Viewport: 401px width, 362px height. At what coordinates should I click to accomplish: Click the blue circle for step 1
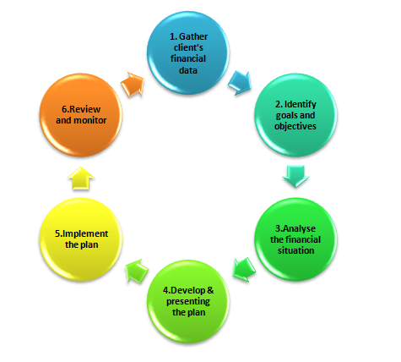pyautogui.click(x=188, y=53)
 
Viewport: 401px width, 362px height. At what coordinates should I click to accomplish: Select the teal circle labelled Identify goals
pyautogui.click(x=295, y=115)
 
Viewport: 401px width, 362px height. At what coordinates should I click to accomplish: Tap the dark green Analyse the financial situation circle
pyautogui.click(x=295, y=239)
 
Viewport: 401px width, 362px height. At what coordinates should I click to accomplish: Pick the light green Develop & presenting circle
pyautogui.click(x=188, y=301)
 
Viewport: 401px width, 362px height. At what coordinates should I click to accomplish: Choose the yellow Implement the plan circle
pyautogui.click(x=81, y=239)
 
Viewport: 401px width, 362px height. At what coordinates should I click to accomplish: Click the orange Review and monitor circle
pyautogui.click(x=81, y=115)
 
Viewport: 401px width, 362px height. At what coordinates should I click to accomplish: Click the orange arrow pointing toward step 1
pyautogui.click(x=133, y=84)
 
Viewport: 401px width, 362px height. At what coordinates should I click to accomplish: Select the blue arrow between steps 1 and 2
pyautogui.click(x=240, y=83)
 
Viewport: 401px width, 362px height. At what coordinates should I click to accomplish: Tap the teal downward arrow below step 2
pyautogui.click(x=295, y=176)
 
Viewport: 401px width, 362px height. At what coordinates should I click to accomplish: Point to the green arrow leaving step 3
pyautogui.click(x=244, y=270)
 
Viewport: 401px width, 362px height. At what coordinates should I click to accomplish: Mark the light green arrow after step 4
pyautogui.click(x=137, y=271)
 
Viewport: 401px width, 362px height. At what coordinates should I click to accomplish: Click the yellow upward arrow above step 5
pyautogui.click(x=81, y=178)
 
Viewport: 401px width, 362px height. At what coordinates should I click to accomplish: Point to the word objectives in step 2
pyautogui.click(x=295, y=126)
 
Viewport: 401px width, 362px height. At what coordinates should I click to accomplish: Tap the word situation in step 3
pyautogui.click(x=295, y=250)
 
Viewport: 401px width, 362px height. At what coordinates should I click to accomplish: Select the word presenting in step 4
pyautogui.click(x=188, y=302)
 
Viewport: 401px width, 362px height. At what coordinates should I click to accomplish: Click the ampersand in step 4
pyautogui.click(x=210, y=290)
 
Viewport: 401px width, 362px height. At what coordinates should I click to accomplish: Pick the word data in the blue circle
pyautogui.click(x=188, y=70)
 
